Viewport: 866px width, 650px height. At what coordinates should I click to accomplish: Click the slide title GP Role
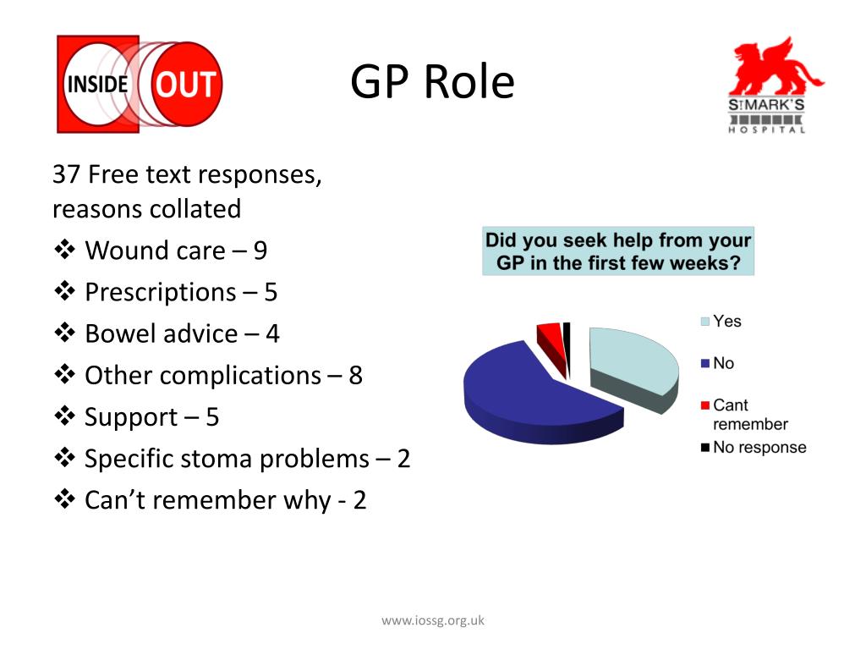(432, 83)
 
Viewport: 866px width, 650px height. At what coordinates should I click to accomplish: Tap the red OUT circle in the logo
(186, 85)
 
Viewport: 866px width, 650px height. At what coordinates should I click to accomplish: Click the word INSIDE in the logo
(98, 85)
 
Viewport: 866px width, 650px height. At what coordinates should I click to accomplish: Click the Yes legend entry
(726, 321)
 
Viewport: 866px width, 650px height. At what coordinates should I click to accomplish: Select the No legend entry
(723, 363)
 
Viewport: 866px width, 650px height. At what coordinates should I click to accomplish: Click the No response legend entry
(759, 447)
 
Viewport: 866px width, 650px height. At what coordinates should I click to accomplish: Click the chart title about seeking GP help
(617, 251)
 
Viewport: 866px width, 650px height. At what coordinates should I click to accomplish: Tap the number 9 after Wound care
(260, 251)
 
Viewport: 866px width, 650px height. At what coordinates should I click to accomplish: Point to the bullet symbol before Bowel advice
(65, 333)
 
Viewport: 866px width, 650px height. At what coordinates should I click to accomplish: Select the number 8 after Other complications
(355, 375)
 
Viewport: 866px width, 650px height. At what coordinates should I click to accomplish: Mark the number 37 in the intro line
(66, 175)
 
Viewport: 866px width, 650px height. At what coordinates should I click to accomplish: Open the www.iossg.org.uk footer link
(433, 620)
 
